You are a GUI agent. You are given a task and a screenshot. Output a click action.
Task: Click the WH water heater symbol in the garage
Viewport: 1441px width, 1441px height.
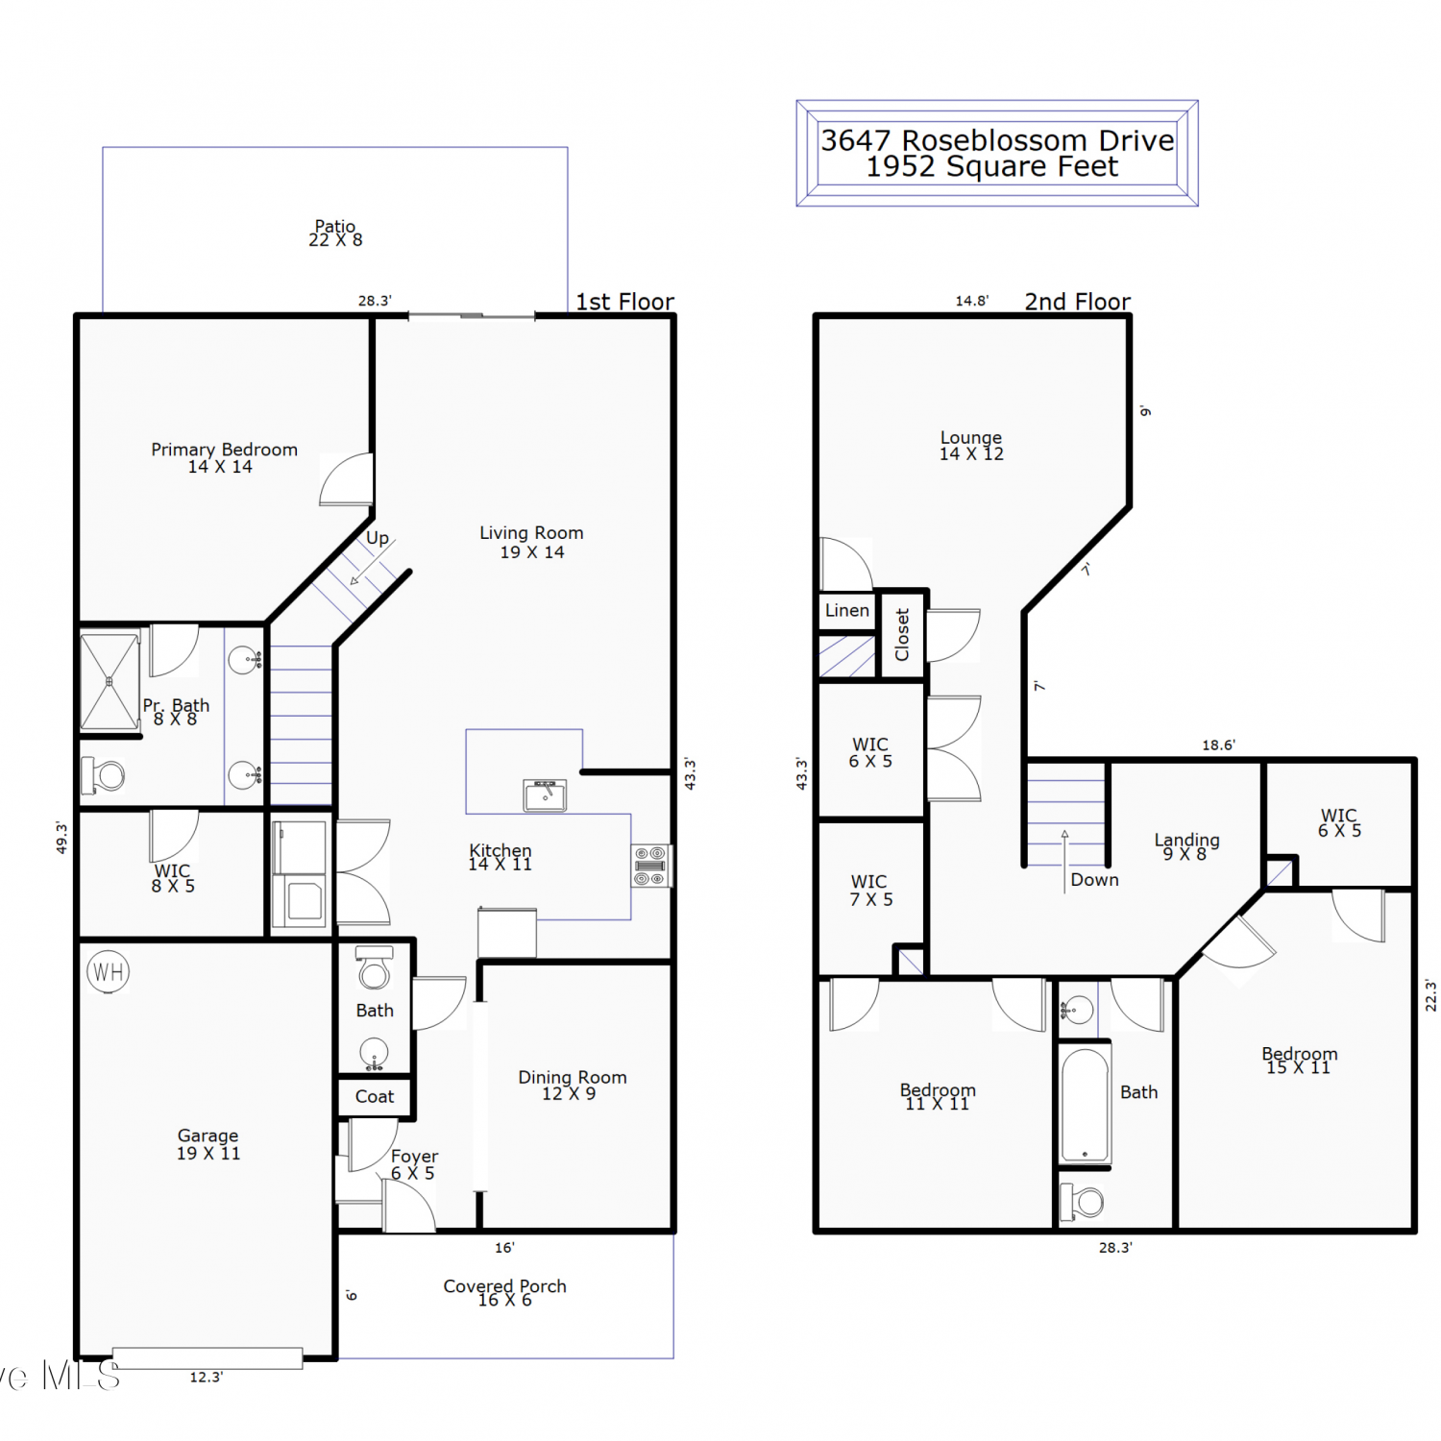click(109, 971)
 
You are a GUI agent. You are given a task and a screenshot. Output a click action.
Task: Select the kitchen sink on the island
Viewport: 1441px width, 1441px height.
click(545, 795)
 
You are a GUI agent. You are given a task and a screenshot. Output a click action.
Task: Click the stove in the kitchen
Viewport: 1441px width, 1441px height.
click(650, 866)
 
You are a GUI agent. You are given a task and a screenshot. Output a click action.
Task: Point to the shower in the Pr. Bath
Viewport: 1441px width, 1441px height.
click(110, 681)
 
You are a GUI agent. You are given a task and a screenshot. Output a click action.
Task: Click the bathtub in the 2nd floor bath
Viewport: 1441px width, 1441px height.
click(1086, 1105)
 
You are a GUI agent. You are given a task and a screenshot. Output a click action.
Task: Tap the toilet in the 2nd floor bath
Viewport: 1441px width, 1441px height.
click(1082, 1202)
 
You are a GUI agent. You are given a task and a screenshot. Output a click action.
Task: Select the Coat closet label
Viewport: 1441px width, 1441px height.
click(375, 1096)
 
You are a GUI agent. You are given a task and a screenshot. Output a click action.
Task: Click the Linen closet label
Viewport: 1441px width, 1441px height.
click(847, 610)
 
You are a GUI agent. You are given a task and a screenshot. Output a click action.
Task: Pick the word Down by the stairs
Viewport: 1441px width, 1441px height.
click(1095, 879)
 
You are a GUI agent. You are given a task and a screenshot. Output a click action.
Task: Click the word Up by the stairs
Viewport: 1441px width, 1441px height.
click(378, 538)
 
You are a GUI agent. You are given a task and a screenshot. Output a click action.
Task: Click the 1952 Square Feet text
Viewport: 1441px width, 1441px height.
click(992, 167)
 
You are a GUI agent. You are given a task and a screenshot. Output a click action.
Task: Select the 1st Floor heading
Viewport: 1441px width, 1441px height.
click(625, 302)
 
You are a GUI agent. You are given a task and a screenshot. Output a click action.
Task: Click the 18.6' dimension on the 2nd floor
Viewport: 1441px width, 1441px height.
click(1219, 745)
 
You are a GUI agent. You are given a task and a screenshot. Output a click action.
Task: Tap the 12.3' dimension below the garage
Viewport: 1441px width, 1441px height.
click(206, 1377)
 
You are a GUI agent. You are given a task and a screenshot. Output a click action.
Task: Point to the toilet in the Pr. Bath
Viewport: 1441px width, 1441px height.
click(104, 774)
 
